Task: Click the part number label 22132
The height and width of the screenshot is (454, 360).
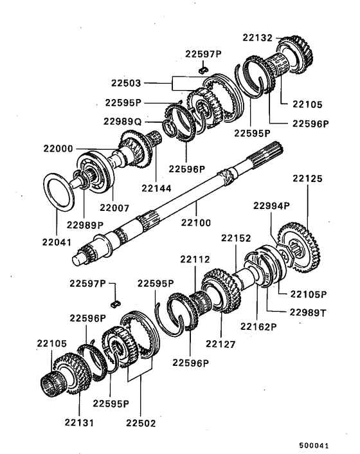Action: click(258, 38)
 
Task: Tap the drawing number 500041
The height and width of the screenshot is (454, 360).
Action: click(314, 445)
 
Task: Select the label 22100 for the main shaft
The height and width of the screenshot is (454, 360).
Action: click(196, 222)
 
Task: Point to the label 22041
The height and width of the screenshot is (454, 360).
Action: click(57, 242)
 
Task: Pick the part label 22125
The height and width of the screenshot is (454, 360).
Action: click(307, 178)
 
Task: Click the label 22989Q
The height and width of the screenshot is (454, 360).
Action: click(123, 122)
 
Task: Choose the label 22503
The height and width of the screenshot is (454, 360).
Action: click(126, 83)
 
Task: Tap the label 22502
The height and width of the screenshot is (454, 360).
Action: click(141, 423)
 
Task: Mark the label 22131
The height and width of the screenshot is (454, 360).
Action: click(79, 422)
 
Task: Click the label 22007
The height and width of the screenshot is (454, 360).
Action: click(114, 208)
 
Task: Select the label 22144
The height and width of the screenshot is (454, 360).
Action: click(157, 188)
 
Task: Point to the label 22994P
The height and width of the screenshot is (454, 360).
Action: click(271, 206)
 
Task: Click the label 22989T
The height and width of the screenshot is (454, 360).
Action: click(308, 313)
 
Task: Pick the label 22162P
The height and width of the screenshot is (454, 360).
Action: click(258, 327)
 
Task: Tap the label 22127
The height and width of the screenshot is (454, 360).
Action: click(221, 344)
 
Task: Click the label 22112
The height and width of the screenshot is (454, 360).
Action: click(195, 259)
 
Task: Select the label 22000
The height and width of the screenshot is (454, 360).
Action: click(58, 149)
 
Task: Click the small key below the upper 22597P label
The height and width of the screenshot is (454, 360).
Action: click(203, 70)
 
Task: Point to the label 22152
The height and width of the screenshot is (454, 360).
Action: click(236, 238)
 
